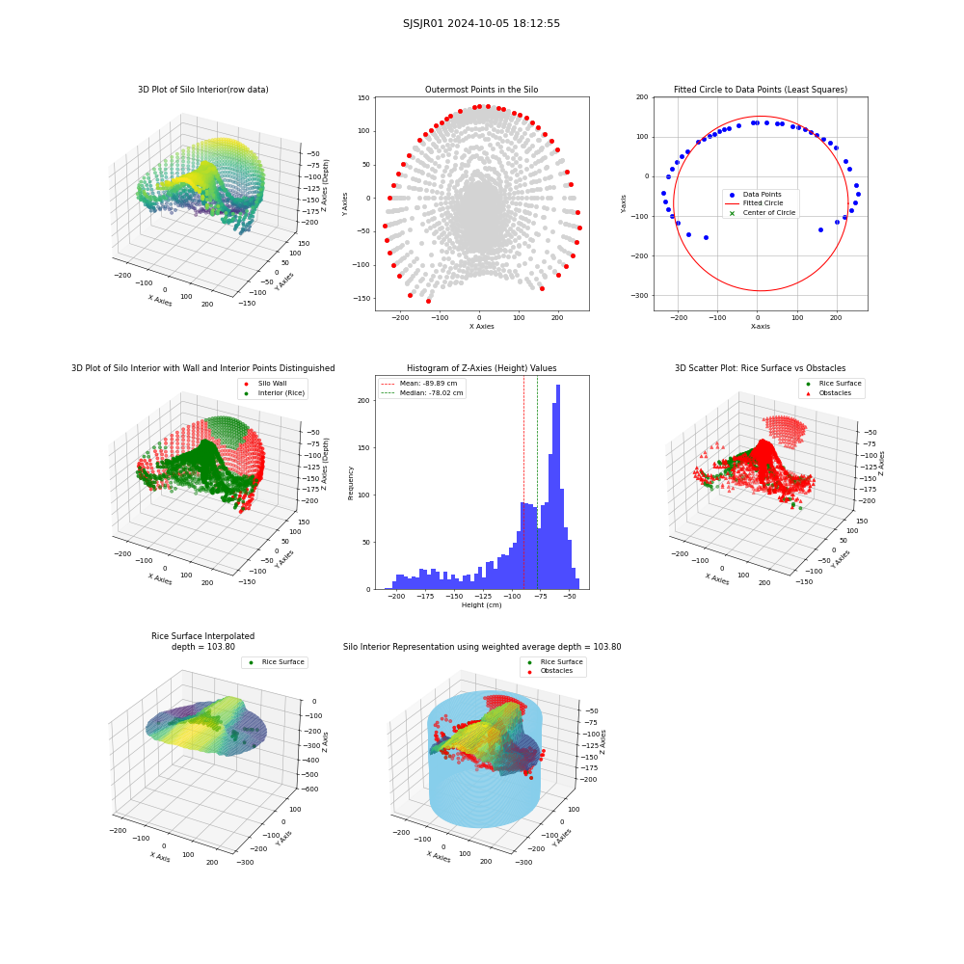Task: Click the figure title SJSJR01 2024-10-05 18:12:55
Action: click(x=481, y=23)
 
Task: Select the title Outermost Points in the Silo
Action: click(x=481, y=90)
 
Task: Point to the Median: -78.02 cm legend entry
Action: click(x=422, y=393)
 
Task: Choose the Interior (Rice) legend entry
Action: click(x=274, y=393)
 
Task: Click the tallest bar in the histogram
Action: click(x=557, y=487)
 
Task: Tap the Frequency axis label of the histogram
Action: click(x=351, y=483)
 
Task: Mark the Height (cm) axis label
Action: click(x=481, y=605)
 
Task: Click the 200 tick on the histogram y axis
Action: click(x=364, y=400)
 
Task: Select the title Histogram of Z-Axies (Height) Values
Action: click(x=481, y=368)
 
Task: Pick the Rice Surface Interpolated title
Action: click(x=202, y=636)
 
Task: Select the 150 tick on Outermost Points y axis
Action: click(x=363, y=97)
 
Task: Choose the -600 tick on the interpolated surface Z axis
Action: click(x=309, y=790)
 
